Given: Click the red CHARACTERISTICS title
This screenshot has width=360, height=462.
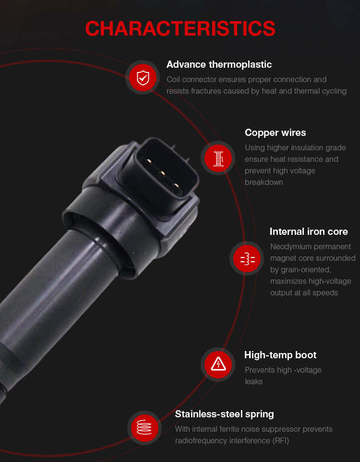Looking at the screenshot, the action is click(180, 29).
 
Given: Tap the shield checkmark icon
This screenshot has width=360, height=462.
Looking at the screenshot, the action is click(143, 78).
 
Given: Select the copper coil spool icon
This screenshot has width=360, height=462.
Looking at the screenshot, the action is click(218, 158).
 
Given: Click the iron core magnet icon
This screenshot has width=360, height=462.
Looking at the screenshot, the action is click(247, 259).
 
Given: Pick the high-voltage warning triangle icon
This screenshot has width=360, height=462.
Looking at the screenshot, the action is click(218, 365).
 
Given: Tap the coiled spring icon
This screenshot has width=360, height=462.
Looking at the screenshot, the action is click(144, 427).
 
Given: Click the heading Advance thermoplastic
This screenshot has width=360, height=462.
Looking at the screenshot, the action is click(219, 64).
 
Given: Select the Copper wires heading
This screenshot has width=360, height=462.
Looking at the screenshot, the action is click(276, 133).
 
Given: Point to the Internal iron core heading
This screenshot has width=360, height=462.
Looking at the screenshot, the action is click(309, 231).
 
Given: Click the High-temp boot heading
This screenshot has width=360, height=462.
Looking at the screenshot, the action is click(280, 355).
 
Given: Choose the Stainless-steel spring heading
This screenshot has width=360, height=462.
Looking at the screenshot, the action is click(225, 414).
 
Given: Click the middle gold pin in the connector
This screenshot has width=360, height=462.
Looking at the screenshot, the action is click(162, 173).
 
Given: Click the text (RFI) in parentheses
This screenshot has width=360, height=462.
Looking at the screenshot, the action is click(281, 440).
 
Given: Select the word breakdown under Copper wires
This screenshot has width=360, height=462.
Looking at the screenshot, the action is click(264, 182).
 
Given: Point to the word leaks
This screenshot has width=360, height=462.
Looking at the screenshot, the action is click(253, 382).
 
